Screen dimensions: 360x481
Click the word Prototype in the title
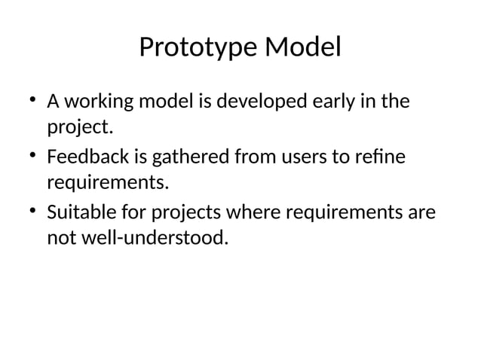[198, 48]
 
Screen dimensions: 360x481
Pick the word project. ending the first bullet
[80, 127]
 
